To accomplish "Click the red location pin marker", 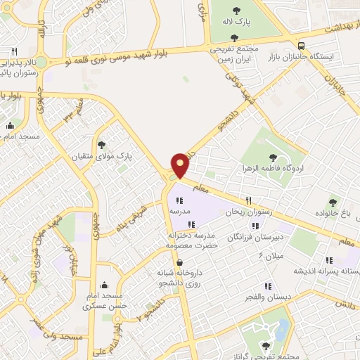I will (181, 165).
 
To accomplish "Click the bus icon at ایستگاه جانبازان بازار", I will (301, 42).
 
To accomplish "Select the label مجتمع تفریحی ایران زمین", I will (235, 54).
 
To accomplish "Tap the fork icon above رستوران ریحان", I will (247, 200).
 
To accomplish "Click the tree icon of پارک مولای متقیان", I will (103, 144).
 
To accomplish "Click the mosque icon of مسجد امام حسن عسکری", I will (104, 285).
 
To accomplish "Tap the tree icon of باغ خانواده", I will (332, 202).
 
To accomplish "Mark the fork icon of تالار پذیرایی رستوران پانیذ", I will (14, 51).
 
